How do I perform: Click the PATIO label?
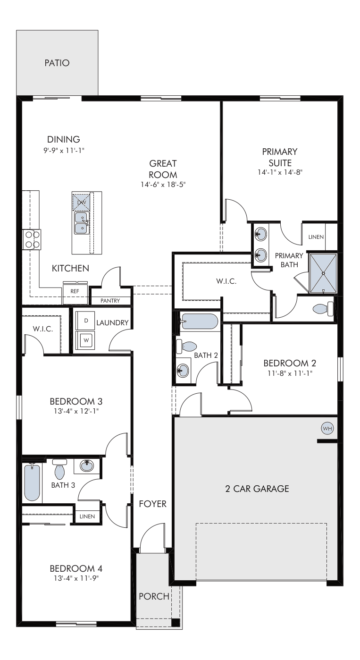(x=57, y=63)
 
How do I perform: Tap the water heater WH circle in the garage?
(x=327, y=428)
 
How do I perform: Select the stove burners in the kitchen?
(x=32, y=239)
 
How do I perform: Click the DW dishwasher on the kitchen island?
(x=81, y=202)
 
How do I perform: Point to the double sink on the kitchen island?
(x=82, y=223)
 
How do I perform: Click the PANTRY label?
(x=110, y=301)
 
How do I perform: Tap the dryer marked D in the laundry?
(x=85, y=321)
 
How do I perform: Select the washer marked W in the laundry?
(x=85, y=340)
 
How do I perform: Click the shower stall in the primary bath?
(x=323, y=273)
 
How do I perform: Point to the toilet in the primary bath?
(x=323, y=309)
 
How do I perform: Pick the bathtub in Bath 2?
(x=200, y=321)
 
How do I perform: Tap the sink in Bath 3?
(x=87, y=466)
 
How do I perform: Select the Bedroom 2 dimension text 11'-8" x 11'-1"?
(x=290, y=373)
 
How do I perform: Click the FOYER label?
(x=153, y=504)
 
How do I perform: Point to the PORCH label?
(x=154, y=596)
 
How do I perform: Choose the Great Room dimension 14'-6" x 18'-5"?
(x=163, y=185)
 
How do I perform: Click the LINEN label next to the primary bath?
(x=316, y=237)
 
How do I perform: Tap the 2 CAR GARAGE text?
(x=257, y=489)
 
